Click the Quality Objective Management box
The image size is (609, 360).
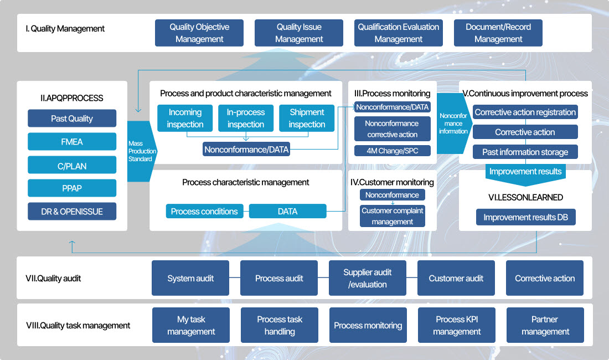(x=199, y=33)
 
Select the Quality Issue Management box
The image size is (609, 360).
(x=299, y=33)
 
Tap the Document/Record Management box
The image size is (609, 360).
(x=498, y=33)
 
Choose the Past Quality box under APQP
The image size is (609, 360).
(x=72, y=119)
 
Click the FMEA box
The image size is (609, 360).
(x=72, y=142)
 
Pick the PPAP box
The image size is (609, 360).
(x=72, y=188)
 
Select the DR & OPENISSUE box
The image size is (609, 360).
(x=72, y=212)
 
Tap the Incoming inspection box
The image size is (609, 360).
(x=185, y=119)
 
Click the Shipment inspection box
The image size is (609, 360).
(x=307, y=119)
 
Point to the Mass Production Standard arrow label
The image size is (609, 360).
(x=142, y=151)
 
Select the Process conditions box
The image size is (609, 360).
(x=204, y=212)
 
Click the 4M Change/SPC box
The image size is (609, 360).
(x=392, y=151)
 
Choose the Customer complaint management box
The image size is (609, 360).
(x=393, y=216)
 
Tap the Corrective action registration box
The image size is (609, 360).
(x=525, y=112)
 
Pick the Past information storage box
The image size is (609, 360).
(x=525, y=152)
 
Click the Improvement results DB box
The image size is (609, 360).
(x=525, y=217)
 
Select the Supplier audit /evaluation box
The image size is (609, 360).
(x=368, y=278)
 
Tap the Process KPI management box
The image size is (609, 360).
(x=457, y=325)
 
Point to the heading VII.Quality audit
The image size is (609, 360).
(x=53, y=279)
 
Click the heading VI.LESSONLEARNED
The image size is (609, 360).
(x=525, y=197)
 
